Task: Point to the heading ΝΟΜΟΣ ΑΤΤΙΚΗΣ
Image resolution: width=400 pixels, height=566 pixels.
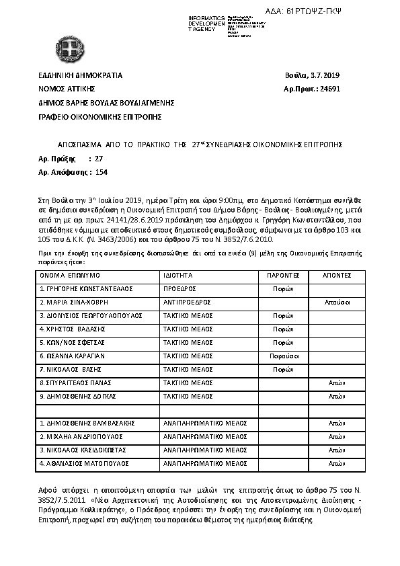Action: (x=66, y=89)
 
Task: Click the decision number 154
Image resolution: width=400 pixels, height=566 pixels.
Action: (x=102, y=173)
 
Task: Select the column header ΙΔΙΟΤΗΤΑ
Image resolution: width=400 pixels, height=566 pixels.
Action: (x=178, y=276)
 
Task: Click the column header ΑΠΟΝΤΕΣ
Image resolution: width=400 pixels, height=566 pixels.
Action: (x=335, y=276)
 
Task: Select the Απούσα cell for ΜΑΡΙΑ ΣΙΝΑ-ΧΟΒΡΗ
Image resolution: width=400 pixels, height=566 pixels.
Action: (x=335, y=302)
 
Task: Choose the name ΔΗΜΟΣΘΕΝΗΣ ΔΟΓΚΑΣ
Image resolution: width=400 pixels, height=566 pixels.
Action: (x=78, y=397)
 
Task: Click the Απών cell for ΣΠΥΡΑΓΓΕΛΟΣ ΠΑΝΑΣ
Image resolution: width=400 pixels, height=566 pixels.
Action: (x=335, y=383)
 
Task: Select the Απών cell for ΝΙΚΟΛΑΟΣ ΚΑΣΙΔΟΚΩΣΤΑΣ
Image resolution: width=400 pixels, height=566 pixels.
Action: (x=335, y=450)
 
